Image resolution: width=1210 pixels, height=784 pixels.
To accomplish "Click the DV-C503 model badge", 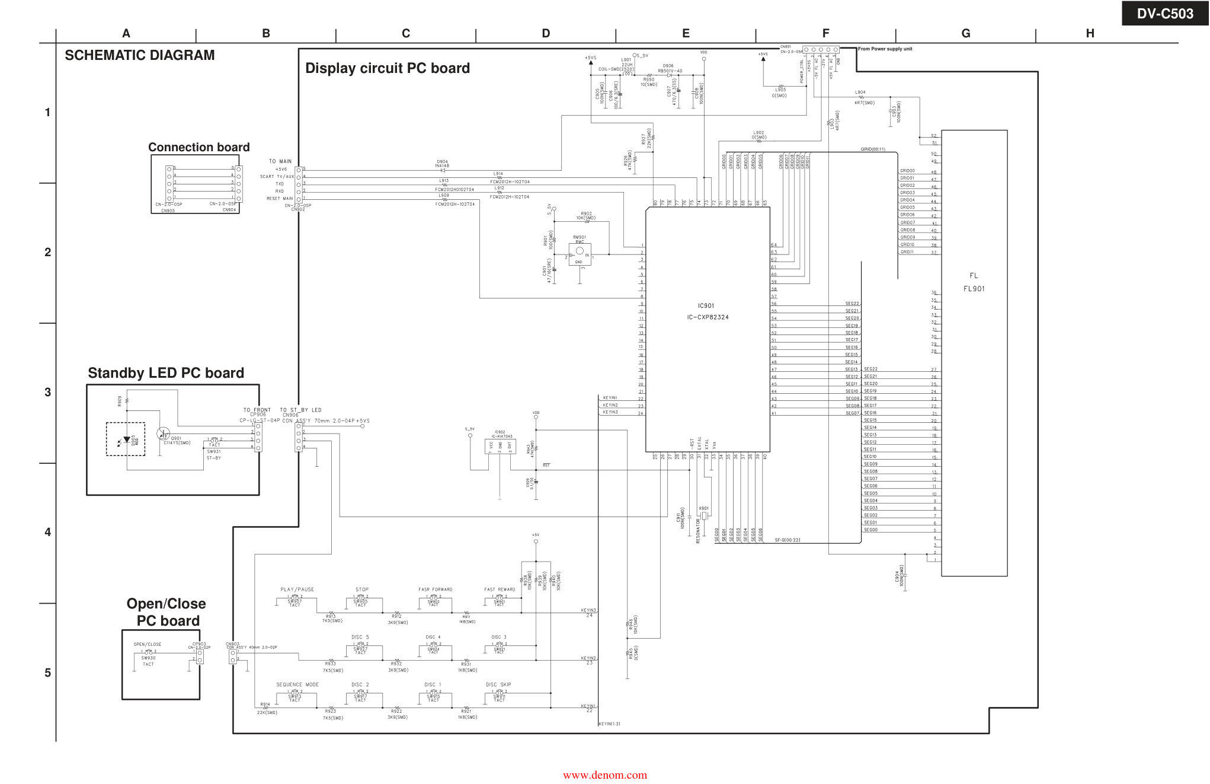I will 1164,14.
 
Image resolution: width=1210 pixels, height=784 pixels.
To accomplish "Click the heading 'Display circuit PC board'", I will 387,68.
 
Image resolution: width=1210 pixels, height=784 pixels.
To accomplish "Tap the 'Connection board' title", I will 199,147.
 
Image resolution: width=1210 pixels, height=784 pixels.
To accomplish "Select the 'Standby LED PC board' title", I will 166,373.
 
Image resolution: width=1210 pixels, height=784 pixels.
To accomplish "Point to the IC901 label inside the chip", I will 706,306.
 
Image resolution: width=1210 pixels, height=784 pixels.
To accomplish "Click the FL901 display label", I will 974,289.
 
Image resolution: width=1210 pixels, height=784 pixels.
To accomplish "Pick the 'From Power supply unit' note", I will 885,49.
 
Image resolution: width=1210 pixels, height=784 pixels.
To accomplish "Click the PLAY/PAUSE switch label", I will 297,589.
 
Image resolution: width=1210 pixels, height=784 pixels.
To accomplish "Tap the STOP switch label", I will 362,589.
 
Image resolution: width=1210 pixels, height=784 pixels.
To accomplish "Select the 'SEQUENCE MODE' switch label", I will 297,684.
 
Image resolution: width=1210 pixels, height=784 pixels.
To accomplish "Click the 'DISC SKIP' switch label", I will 498,684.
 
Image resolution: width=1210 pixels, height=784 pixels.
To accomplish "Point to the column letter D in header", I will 546,34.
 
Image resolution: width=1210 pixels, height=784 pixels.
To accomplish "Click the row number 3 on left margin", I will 48,392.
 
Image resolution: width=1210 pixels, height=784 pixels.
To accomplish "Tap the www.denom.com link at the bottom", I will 605,775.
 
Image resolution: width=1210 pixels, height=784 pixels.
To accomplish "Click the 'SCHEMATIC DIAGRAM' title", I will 140,55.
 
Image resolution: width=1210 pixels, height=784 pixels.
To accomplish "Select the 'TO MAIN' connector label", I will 280,161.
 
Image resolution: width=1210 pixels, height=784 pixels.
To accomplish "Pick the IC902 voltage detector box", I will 500,447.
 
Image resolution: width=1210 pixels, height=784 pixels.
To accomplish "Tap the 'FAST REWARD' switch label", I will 500,589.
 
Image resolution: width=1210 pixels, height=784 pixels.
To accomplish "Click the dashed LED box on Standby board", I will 126,439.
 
